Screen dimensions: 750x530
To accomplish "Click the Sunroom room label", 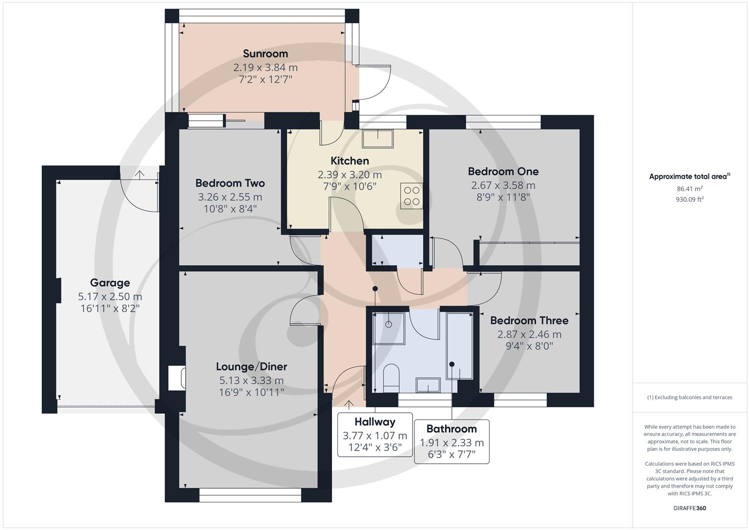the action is coord(265,53).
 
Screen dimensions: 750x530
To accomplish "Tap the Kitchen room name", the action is coord(350,160).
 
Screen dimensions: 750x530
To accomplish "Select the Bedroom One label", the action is coord(503,171).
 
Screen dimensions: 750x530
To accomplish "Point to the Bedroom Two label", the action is coord(230,183).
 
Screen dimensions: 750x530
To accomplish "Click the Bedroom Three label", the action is coord(529,320).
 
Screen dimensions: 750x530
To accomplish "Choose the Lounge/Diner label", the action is coord(251,367).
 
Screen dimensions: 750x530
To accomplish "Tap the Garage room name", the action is coord(110,283).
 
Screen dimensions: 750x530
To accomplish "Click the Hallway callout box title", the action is coord(375,422).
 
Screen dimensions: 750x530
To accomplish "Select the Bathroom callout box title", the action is coord(451,428).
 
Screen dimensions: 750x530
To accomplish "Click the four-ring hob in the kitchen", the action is coord(412,196).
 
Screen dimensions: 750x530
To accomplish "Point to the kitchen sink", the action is coord(378,139).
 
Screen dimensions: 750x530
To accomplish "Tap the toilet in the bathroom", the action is coord(391,378).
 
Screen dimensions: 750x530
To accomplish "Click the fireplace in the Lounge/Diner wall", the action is coord(177,378).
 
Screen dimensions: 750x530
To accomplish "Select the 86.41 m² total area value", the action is coord(690,189).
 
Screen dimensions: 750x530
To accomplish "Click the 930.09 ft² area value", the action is coord(690,199).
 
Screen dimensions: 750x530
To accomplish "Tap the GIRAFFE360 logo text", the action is coord(690,508).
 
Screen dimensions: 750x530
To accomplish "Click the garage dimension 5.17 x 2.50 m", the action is coord(110,296).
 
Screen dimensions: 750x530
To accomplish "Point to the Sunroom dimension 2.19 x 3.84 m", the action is coord(265,68).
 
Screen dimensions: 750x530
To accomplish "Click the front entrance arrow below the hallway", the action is coord(349,405).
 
